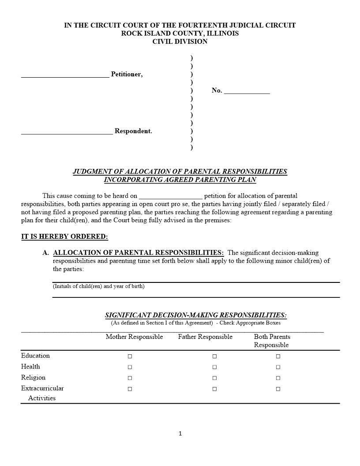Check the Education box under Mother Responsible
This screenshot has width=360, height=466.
click(130, 356)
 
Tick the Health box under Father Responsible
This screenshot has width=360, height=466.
click(214, 367)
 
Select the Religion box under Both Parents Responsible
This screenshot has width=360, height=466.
click(278, 378)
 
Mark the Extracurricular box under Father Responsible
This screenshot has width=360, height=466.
click(214, 389)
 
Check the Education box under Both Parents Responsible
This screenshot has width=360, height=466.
click(278, 356)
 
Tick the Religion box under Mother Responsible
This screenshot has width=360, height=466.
click(130, 378)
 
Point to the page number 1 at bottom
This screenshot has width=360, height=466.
click(180, 434)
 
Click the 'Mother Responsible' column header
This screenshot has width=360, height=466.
click(134, 337)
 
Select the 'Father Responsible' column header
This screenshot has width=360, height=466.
click(205, 337)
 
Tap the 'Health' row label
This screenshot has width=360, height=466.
click(30, 367)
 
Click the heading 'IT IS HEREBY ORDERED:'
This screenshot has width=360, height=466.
click(64, 237)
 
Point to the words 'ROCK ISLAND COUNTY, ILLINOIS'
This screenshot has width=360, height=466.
click(180, 34)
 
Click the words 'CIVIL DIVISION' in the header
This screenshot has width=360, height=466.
click(180, 42)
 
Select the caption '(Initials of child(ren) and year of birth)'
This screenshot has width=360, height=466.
click(98, 286)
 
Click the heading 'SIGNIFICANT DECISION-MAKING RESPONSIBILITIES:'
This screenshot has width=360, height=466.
click(195, 315)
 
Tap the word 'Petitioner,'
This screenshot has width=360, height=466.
click(127, 75)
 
